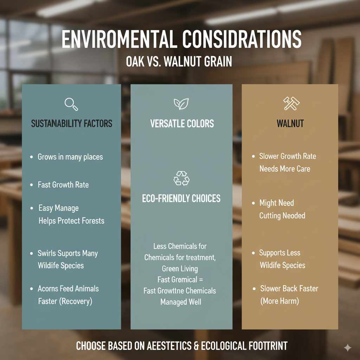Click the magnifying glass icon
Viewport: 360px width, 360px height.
71,104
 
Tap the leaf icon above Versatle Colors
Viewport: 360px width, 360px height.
181,104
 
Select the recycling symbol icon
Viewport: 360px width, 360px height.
181,178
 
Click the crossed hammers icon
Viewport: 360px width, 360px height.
291,104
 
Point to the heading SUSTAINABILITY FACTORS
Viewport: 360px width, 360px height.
72,124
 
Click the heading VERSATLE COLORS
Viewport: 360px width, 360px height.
182,124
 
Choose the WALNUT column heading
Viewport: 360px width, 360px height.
290,124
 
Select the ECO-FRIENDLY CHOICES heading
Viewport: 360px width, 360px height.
181,199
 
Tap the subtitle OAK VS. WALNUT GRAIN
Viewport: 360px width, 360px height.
179,62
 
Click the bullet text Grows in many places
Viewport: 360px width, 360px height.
70,157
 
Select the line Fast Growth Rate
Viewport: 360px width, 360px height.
63,185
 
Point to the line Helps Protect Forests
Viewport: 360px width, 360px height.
71,221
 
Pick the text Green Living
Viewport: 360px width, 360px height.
180,269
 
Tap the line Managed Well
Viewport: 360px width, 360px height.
181,302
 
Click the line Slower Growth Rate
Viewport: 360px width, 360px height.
288,156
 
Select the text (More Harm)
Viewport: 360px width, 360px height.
279,301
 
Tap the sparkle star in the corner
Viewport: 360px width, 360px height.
347,348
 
